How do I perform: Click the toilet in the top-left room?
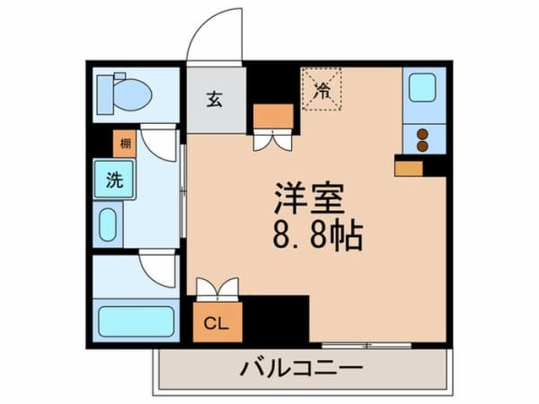[x=126, y=92]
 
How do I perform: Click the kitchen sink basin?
[x=422, y=88]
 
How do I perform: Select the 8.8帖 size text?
[x=316, y=237]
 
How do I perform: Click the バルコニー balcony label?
[x=301, y=368]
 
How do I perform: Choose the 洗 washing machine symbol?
[x=114, y=180]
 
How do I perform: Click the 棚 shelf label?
[x=124, y=143]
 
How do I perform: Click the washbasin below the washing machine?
[x=109, y=224]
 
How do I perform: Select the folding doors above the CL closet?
[x=216, y=288]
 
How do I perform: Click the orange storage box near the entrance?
[x=273, y=116]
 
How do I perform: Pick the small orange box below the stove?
[x=409, y=167]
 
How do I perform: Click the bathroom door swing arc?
[x=157, y=268]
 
